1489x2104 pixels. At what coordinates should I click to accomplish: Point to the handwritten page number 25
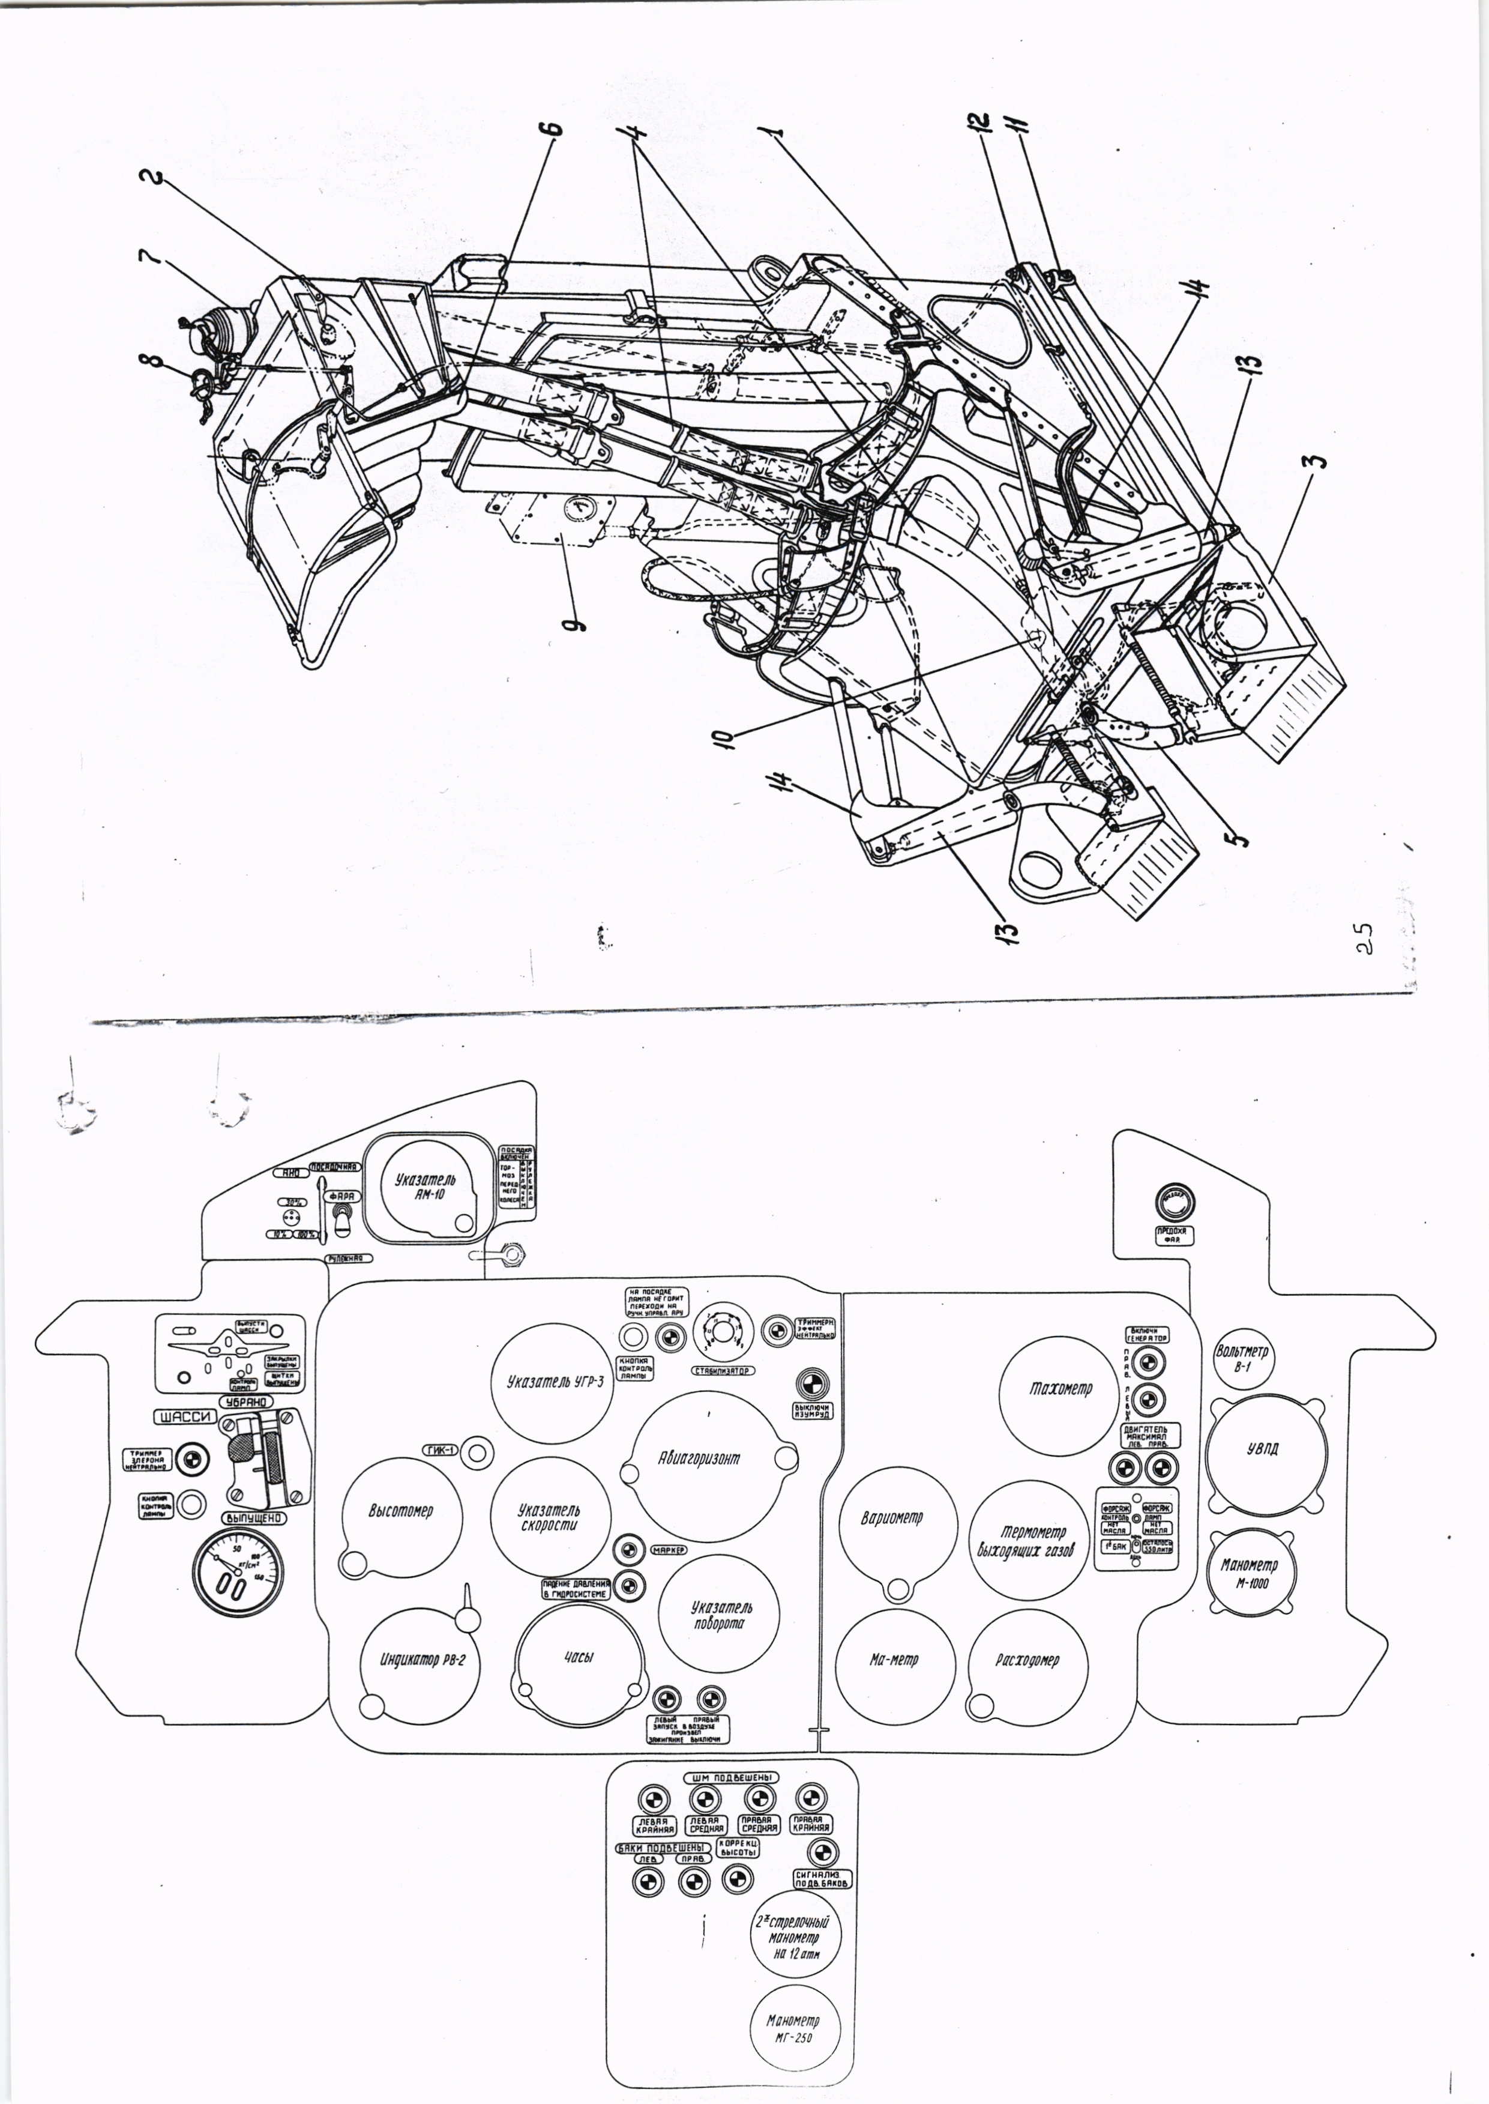[1365, 940]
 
